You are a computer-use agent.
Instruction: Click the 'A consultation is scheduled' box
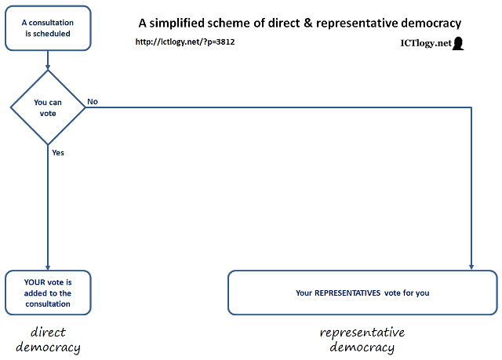(48, 28)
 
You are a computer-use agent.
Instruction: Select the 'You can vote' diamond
(48, 108)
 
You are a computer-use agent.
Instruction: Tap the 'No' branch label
(93, 101)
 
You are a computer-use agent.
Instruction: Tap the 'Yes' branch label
(58, 153)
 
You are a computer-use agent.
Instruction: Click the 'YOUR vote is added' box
(48, 293)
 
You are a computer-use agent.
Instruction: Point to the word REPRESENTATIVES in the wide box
(348, 293)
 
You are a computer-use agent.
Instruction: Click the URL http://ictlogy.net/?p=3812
(186, 42)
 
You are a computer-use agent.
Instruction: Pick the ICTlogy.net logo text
(420, 44)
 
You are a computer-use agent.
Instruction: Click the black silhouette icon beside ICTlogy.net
(458, 44)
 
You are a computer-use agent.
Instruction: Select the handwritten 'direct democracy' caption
(48, 339)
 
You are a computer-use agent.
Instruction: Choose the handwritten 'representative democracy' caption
(362, 339)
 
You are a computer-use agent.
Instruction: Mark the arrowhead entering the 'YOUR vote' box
(48, 267)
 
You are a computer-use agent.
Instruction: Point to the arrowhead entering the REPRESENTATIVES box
(471, 267)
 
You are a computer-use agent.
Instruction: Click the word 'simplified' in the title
(206, 23)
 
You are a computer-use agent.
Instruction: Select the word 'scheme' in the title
(258, 23)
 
